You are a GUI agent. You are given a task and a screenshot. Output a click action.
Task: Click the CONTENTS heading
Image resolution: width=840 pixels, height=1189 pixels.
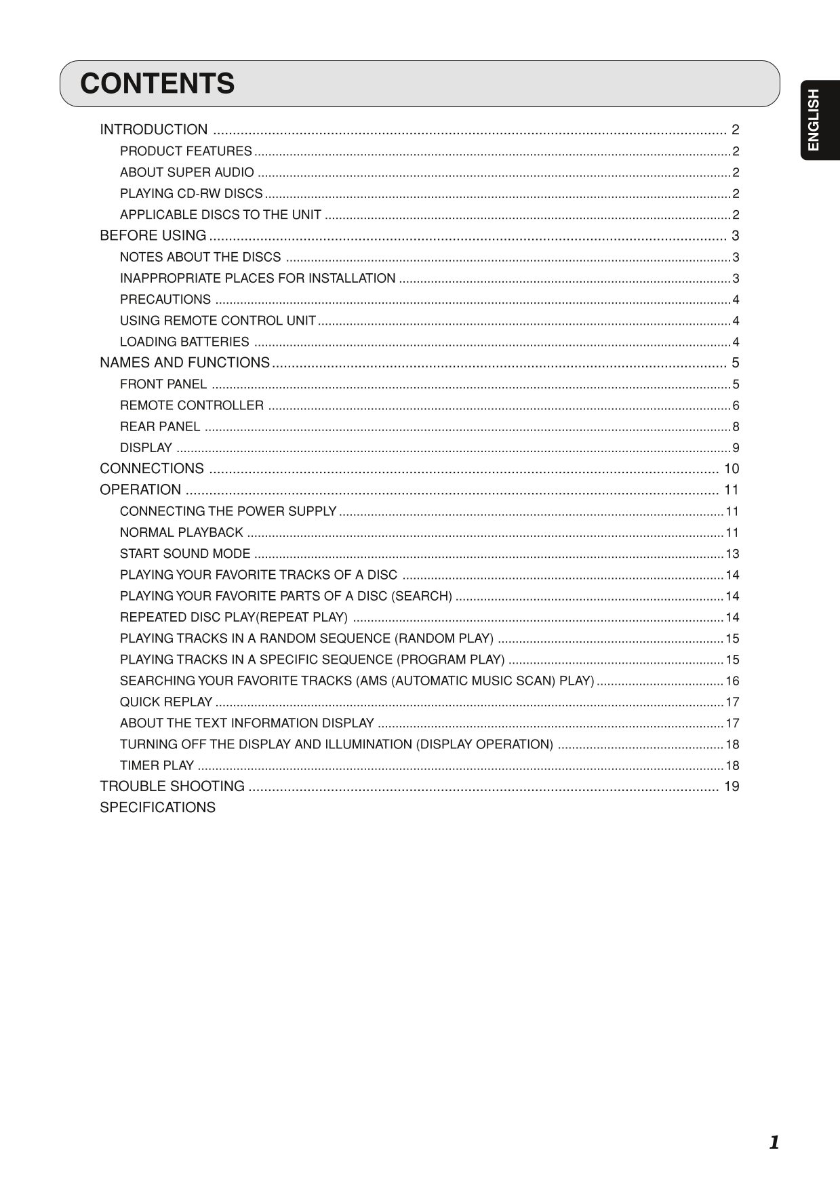point(157,84)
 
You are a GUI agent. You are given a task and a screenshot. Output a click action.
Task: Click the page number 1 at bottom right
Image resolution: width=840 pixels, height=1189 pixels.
point(774,1143)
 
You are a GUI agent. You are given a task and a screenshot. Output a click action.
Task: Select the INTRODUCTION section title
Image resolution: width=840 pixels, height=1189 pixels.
point(154,129)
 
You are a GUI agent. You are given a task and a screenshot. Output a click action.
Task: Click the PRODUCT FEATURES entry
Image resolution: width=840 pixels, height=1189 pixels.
point(186,151)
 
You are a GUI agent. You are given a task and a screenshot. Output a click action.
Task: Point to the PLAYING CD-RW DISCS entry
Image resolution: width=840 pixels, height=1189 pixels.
point(191,194)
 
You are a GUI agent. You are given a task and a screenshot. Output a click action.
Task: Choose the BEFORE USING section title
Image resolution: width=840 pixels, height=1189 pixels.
point(153,236)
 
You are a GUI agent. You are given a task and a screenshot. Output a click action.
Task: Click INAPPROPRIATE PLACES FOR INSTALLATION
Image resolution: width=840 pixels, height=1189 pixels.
point(258,279)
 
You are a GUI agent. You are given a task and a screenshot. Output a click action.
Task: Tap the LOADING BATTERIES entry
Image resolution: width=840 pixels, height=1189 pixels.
point(184,342)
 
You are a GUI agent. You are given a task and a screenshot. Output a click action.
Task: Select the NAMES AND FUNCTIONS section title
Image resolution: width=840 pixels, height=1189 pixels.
point(184,363)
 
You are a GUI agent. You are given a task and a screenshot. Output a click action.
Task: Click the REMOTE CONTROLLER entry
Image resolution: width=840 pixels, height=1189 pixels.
point(192,405)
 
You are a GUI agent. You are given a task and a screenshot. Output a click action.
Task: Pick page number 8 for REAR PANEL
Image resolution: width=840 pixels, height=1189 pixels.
point(736,427)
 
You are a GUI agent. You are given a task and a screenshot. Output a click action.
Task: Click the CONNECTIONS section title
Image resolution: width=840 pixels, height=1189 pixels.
point(152,468)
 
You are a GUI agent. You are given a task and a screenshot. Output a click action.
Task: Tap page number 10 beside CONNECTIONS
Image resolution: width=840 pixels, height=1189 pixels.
point(732,468)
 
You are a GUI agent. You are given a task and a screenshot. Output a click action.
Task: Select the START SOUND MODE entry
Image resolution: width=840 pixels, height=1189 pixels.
point(185,554)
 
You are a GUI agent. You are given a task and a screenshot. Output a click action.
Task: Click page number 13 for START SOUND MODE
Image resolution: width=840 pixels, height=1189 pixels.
point(732,554)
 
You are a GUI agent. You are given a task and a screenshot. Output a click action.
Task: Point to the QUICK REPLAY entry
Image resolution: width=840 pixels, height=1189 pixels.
point(166,702)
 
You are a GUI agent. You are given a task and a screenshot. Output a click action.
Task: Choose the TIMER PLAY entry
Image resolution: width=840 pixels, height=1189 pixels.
point(157,766)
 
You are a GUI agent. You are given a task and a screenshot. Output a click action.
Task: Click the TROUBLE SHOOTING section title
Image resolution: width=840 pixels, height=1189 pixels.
point(172,786)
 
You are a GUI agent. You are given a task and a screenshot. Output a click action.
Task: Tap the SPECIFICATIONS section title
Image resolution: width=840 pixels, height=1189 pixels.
point(157,807)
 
